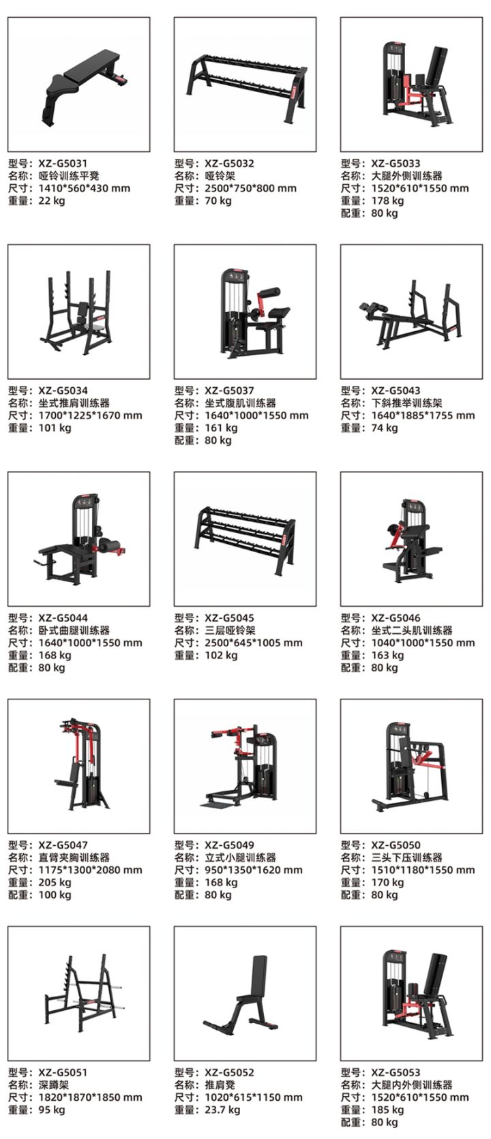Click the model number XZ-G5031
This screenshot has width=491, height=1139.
pyautogui.click(x=63, y=164)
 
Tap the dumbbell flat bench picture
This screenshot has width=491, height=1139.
pyautogui.click(x=78, y=85)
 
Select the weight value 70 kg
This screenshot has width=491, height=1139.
pyautogui.click(x=218, y=200)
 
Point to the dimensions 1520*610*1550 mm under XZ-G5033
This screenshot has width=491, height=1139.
pyautogui.click(x=420, y=188)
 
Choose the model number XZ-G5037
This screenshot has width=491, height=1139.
pyautogui.click(x=230, y=391)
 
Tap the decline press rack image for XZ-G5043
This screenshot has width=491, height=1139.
pyautogui.click(x=411, y=312)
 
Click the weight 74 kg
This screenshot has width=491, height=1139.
pyautogui.click(x=385, y=427)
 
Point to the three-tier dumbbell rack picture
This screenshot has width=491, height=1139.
pyautogui.click(x=245, y=538)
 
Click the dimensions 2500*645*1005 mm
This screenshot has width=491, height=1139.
pyautogui.click(x=254, y=643)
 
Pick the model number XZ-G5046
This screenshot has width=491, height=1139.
pyautogui.click(x=396, y=618)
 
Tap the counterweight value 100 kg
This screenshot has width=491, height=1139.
pyautogui.click(x=55, y=894)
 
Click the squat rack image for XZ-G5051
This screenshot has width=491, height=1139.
pyautogui.click(x=78, y=993)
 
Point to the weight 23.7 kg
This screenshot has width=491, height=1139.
pyautogui.click(x=223, y=1110)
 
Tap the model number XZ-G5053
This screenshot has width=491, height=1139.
pyautogui.click(x=396, y=1073)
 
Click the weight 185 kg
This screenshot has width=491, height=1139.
pyautogui.click(x=387, y=1110)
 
